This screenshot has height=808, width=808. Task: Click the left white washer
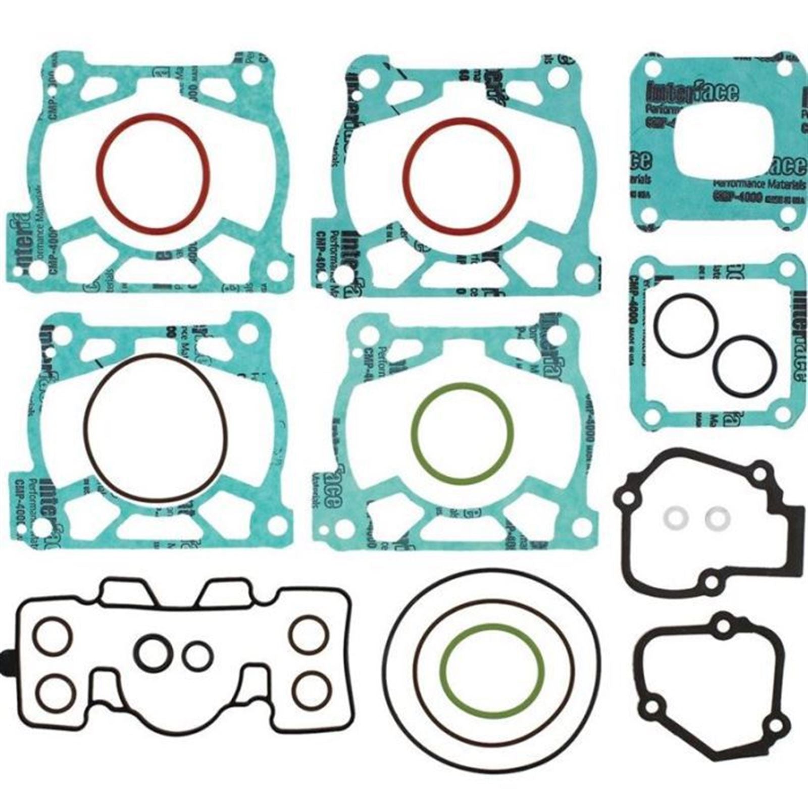(x=671, y=518)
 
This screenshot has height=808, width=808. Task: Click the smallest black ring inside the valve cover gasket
(x=197, y=656)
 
